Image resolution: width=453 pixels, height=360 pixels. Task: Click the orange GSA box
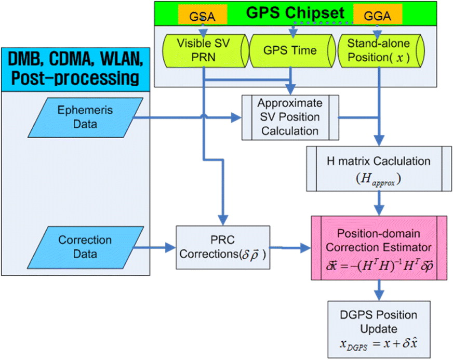click(203, 15)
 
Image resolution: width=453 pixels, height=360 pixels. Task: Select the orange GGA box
click(378, 15)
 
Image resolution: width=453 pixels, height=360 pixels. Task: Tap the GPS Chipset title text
click(295, 12)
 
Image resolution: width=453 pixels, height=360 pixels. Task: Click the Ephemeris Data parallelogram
click(85, 117)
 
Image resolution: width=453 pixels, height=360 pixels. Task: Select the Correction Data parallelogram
click(85, 247)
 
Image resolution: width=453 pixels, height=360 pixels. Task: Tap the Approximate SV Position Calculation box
click(290, 117)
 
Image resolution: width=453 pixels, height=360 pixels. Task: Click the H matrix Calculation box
click(379, 169)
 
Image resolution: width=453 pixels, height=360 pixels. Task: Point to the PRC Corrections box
click(223, 248)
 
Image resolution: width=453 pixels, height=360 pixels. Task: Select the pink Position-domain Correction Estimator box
click(379, 248)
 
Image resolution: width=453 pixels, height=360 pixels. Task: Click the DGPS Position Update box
click(379, 330)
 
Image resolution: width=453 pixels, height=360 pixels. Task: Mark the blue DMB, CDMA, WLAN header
click(76, 70)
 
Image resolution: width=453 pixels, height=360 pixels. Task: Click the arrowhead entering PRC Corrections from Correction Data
click(170, 248)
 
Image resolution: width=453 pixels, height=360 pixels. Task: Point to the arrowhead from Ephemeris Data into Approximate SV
click(236, 117)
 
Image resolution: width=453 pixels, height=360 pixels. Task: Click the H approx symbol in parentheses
click(378, 179)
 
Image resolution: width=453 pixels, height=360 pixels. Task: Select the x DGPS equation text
click(379, 344)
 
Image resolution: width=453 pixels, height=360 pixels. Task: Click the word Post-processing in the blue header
click(75, 78)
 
